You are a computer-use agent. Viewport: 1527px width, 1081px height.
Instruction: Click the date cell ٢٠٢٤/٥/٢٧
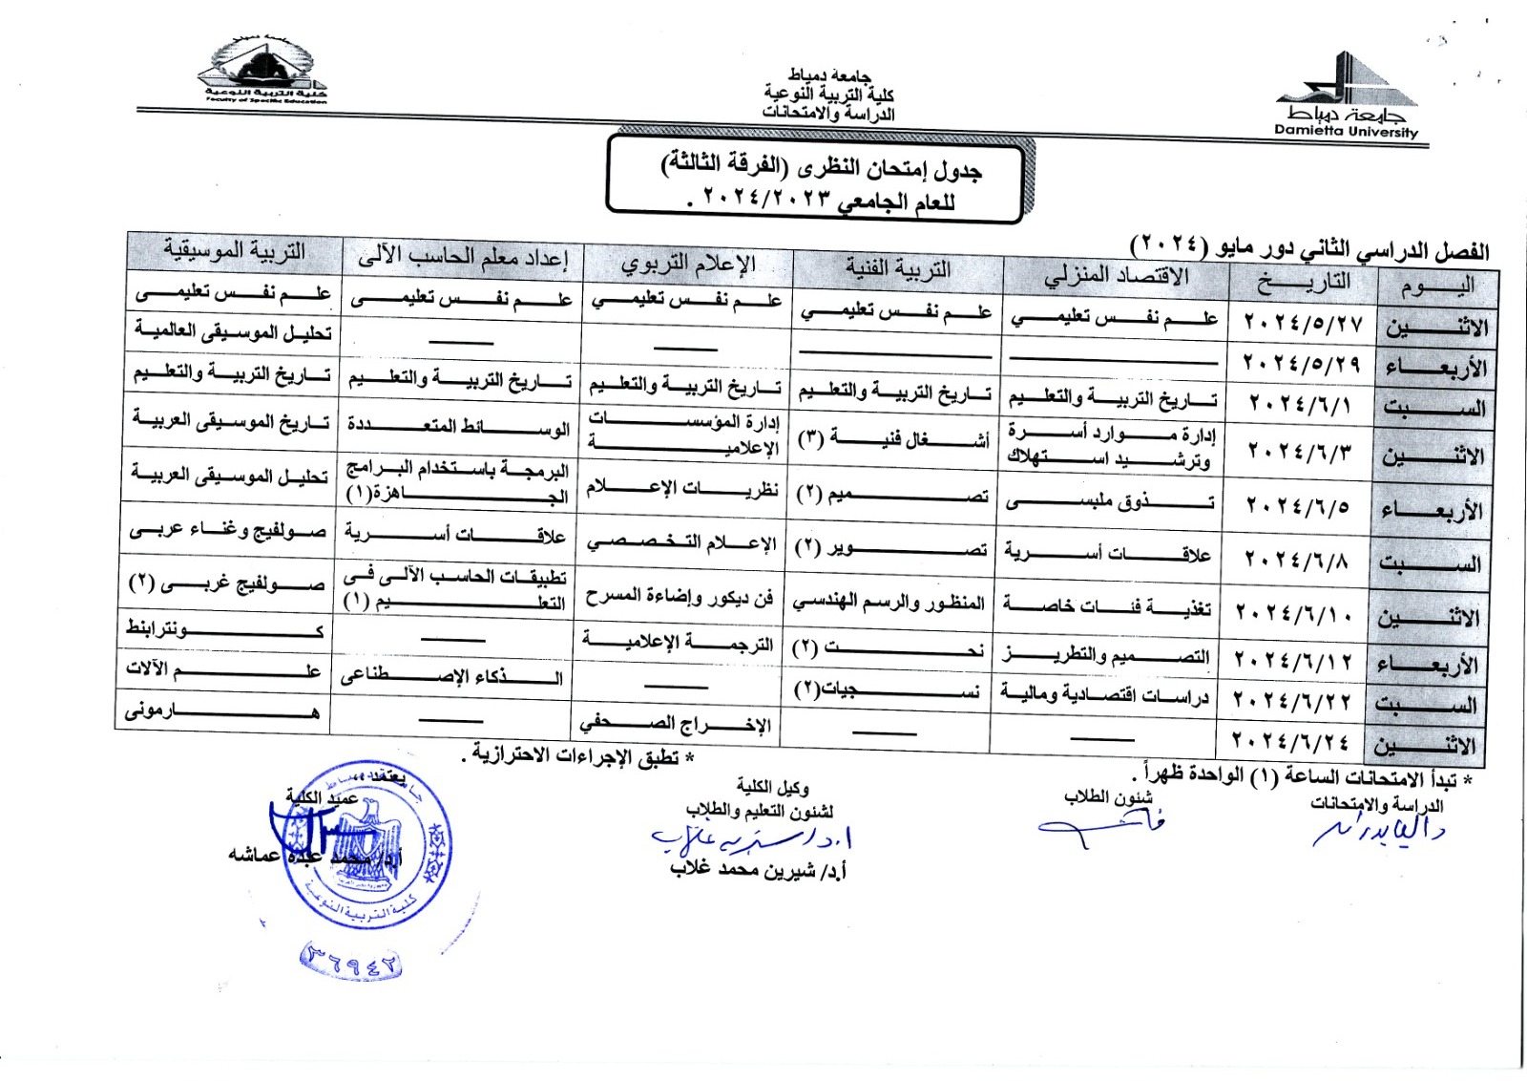(1303, 323)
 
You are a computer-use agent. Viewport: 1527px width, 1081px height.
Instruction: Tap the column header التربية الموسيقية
(235, 250)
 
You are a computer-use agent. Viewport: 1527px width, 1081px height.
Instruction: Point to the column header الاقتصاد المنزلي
(1116, 277)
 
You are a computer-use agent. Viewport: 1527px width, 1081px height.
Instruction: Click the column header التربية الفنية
(898, 269)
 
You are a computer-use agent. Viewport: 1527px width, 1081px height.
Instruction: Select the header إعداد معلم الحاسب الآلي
(463, 256)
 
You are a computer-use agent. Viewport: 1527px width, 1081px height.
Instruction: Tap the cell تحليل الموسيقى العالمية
(233, 330)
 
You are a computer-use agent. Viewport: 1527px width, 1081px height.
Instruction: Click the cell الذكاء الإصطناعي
(452, 676)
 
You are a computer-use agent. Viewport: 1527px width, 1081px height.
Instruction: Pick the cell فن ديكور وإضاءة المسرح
(680, 598)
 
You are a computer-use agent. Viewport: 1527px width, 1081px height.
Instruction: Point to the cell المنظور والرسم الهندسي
(889, 602)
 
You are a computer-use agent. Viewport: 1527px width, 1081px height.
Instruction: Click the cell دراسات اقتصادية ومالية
(1104, 694)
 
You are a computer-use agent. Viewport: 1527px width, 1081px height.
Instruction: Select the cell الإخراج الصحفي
(677, 723)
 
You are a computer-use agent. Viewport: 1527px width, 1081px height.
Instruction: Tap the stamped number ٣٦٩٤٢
(350, 961)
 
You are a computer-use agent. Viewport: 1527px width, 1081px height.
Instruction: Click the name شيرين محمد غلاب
(758, 870)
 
